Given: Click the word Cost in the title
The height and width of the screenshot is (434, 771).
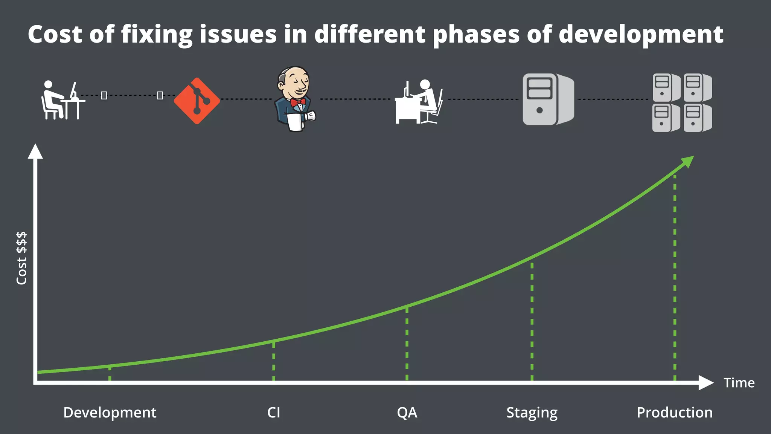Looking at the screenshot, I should (x=55, y=34).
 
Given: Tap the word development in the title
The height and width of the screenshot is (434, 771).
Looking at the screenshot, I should (x=641, y=34).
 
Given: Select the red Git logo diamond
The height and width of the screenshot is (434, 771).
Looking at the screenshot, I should (x=197, y=101).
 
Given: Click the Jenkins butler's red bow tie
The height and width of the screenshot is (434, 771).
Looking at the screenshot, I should (x=298, y=102).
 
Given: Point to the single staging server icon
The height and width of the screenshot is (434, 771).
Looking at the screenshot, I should (x=548, y=99).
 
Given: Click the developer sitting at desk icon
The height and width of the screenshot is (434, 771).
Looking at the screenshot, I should (x=62, y=100).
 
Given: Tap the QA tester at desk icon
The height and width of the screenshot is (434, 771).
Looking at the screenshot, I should (x=419, y=102).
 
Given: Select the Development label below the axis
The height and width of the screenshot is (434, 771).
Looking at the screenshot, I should (x=110, y=413).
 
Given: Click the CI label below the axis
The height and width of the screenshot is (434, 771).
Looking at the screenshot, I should (x=274, y=413).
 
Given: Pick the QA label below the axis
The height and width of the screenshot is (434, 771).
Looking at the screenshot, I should (x=407, y=413).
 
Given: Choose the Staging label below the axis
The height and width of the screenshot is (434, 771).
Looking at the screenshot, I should (x=532, y=413).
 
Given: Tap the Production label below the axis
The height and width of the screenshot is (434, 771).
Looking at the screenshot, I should (x=674, y=413).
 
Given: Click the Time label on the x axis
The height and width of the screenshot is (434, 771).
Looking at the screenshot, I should (x=739, y=383).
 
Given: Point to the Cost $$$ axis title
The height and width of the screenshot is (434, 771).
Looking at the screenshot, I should (x=21, y=258).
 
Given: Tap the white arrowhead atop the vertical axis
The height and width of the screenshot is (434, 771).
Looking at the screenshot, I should (x=35, y=151).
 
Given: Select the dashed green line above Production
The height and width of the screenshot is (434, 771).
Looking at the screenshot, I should (x=675, y=279).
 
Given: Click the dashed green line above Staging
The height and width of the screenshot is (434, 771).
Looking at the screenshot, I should (x=532, y=320).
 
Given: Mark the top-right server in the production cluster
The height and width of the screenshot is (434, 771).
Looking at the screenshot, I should (x=697, y=87).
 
